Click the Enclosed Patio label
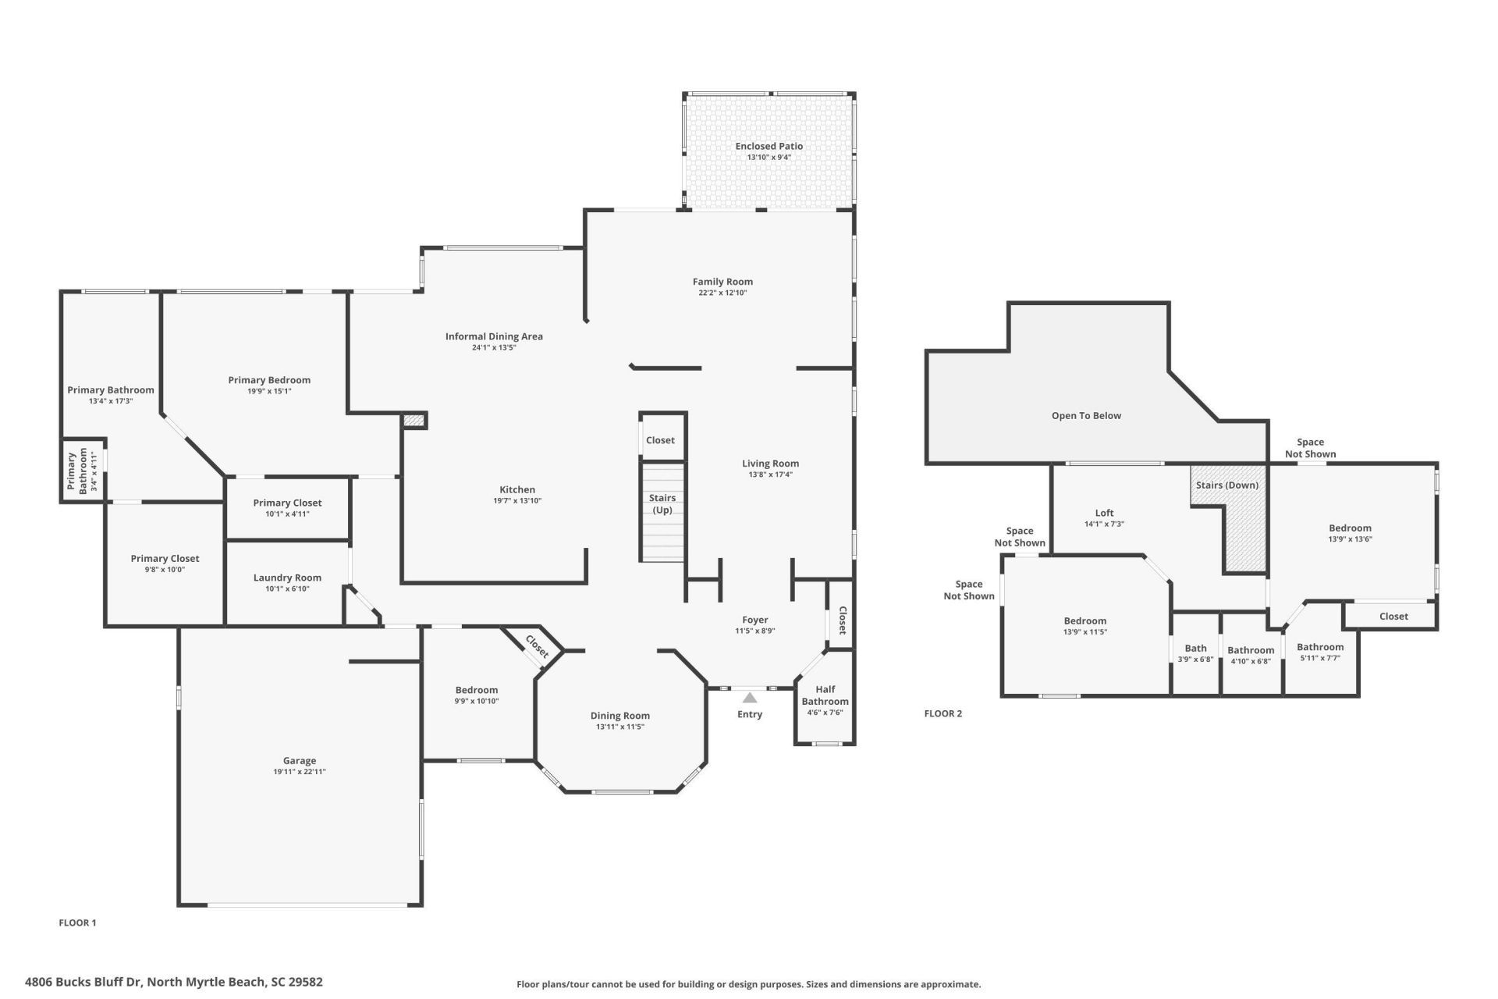tap(769, 146)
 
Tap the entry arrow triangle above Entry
tap(750, 698)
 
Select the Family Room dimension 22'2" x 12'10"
tap(722, 293)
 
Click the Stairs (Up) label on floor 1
tap(662, 503)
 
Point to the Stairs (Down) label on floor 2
tap(1226, 485)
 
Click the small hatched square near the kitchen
tap(414, 420)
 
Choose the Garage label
tap(300, 760)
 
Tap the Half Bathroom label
tap(825, 695)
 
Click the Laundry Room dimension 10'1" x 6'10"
tap(287, 589)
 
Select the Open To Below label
tap(1086, 416)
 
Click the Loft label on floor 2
tap(1104, 513)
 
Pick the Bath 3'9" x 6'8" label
tap(1195, 653)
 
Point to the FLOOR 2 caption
tap(942, 713)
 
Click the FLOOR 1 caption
tap(77, 923)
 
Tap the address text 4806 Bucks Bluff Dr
tap(173, 982)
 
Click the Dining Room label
tap(619, 716)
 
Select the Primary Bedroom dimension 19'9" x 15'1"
tap(269, 392)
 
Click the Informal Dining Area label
tap(494, 336)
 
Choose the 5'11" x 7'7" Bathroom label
tap(1320, 652)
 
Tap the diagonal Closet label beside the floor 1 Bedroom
tap(537, 645)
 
